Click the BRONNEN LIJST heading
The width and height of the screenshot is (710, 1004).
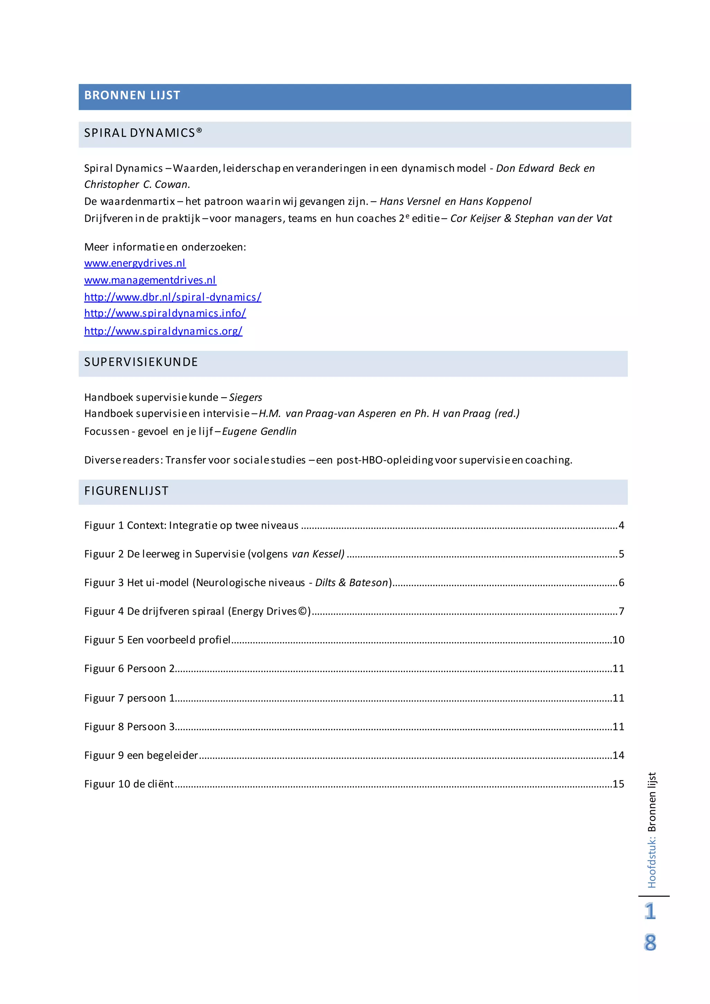click(x=132, y=95)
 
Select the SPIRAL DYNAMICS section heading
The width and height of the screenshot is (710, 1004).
click(x=143, y=133)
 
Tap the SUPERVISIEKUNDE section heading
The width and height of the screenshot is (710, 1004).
click(x=141, y=362)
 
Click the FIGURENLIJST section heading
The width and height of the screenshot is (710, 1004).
click(x=126, y=491)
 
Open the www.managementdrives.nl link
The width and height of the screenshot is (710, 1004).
click(x=150, y=280)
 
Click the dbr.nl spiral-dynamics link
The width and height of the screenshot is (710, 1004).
click(x=173, y=297)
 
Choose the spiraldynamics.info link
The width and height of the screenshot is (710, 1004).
click(x=165, y=313)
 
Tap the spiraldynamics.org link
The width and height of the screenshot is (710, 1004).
click(x=163, y=331)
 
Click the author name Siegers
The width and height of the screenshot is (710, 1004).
click(x=245, y=398)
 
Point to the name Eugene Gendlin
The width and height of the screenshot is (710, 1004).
click(x=259, y=432)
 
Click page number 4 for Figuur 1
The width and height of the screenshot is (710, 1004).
click(x=621, y=526)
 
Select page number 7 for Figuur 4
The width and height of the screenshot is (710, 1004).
click(x=621, y=611)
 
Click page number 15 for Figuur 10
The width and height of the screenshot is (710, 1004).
click(x=618, y=784)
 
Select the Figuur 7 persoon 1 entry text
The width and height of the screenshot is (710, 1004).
click(x=129, y=698)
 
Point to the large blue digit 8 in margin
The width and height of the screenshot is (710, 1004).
click(x=650, y=942)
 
